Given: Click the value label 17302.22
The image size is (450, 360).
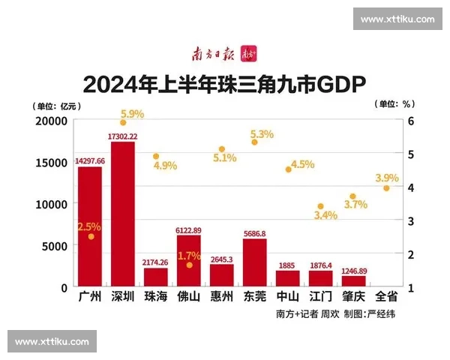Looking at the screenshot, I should pos(123,136).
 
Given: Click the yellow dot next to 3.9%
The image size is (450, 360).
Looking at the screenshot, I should pos(386,188).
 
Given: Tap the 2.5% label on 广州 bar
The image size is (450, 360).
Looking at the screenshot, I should pos(88,226).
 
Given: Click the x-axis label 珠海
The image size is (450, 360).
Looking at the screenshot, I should pos(155,296).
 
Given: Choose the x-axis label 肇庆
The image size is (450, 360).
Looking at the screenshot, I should pos(353,296).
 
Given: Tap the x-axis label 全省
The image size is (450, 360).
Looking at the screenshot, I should pos(386,296).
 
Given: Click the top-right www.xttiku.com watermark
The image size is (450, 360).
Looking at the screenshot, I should pos(397,19).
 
